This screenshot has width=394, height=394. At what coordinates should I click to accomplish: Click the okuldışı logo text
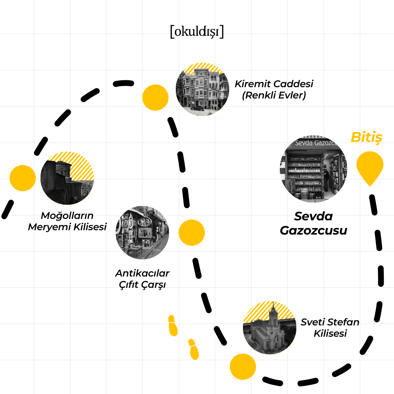coord(197,32)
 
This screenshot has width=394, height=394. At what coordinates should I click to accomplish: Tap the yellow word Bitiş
coord(366,138)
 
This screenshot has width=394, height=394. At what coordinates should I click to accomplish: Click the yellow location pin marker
coord(370,166)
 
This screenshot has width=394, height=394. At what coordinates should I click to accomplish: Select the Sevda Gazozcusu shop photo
coord(313,170)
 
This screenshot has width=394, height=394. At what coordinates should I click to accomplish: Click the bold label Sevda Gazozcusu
coord(313,223)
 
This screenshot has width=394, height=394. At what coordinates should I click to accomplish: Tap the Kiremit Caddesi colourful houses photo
coord(202,89)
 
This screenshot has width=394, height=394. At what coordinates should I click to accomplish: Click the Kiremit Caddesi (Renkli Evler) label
coord(274,89)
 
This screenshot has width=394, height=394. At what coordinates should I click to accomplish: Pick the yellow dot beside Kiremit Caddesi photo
coord(155,97)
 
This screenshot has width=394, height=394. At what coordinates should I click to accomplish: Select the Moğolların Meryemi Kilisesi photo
coord(67,178)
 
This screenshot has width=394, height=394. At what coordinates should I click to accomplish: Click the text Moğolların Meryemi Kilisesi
coord(67,221)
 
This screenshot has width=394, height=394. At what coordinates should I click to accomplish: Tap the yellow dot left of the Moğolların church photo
coord(23,178)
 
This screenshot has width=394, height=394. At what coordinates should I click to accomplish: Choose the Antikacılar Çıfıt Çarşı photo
coord(142,232)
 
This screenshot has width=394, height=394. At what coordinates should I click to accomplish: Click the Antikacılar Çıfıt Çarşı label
coord(142,279)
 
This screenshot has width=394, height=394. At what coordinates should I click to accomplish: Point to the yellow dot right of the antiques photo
coord(192,232)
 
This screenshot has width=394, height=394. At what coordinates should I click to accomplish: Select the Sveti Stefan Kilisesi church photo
coord(270,328)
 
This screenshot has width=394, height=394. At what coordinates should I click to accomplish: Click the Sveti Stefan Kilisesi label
coord(330,328)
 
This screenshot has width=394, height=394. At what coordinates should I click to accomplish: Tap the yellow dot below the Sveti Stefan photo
coord(243,366)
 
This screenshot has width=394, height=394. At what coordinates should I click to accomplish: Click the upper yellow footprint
coord(173,325)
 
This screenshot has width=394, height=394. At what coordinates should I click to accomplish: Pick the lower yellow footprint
coord(194,349)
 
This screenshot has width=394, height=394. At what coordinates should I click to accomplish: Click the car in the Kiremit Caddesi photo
coord(197,108)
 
